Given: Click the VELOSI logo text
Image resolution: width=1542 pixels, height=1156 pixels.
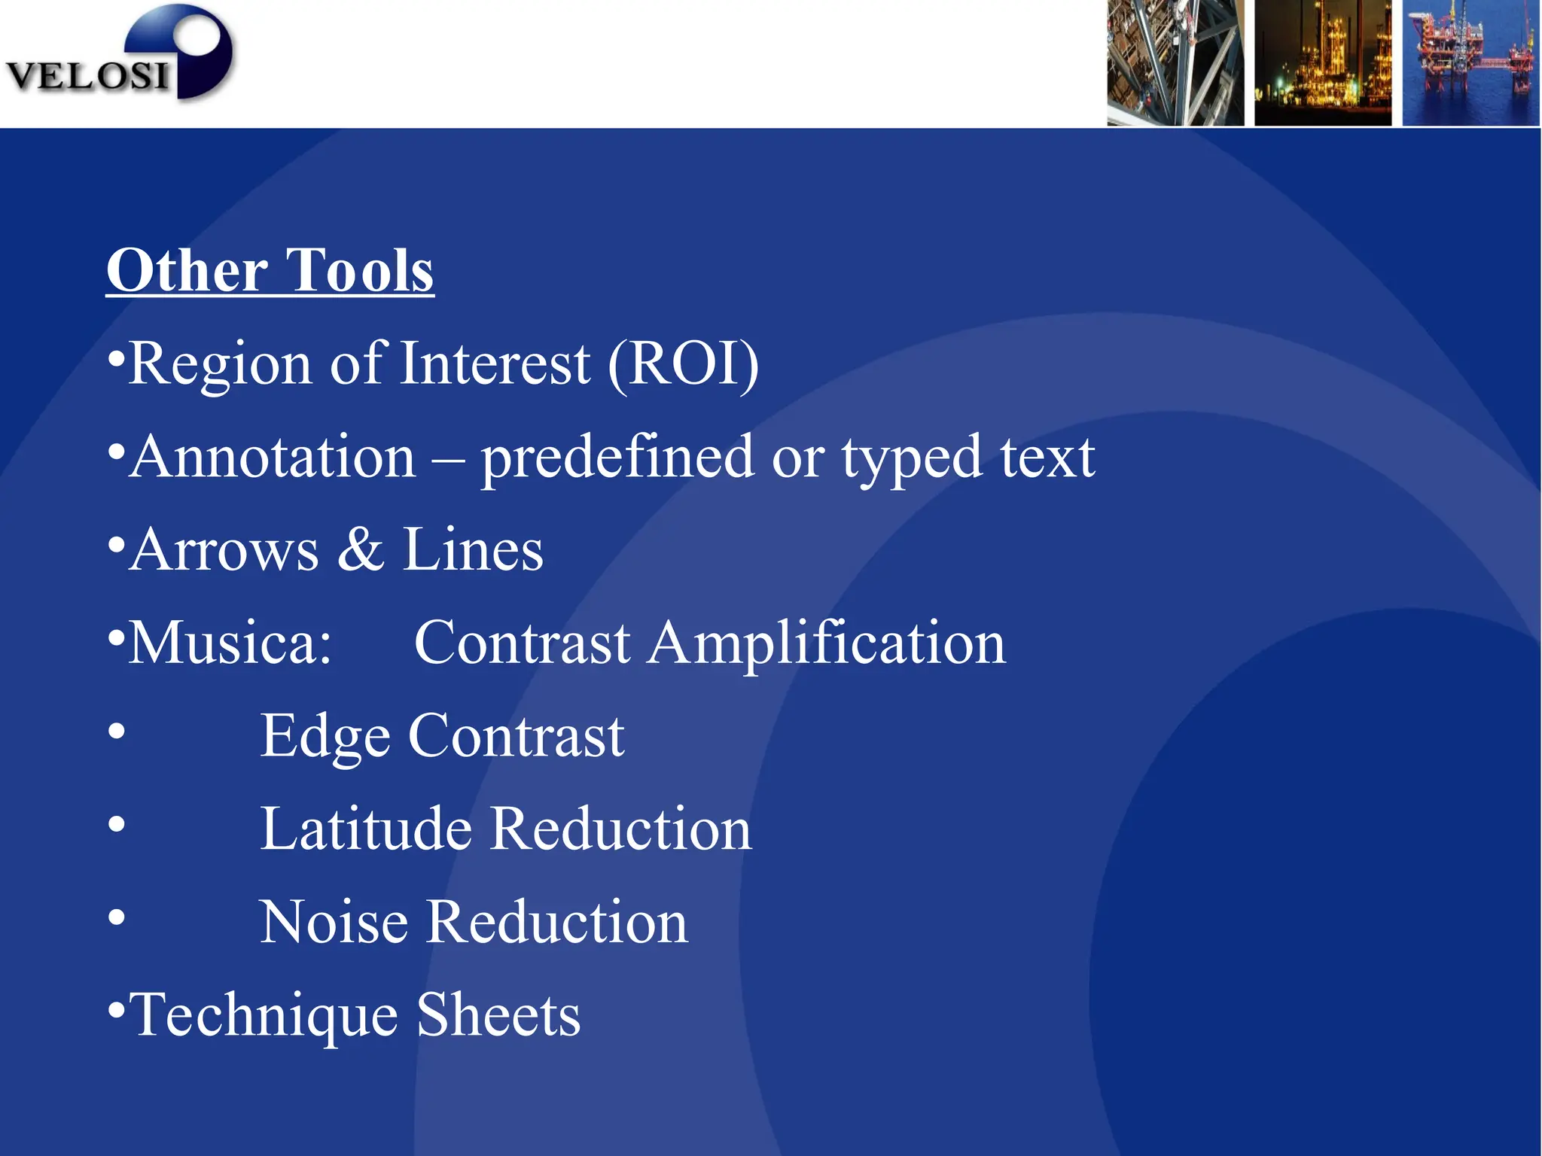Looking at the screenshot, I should (x=87, y=76).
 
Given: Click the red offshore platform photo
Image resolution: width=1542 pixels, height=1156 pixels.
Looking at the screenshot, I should (x=1470, y=62).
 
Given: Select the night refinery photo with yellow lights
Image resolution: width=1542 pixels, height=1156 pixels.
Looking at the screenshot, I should (x=1323, y=62).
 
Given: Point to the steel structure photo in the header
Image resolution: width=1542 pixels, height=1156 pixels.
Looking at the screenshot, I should (x=1175, y=62).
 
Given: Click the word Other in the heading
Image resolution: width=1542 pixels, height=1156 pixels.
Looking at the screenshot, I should (x=187, y=270).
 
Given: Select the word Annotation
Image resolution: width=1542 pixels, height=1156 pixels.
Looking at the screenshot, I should (x=273, y=457).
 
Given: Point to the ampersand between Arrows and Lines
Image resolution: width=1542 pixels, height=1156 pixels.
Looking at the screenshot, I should (x=361, y=550).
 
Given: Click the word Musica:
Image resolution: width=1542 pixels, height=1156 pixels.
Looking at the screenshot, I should (x=230, y=643).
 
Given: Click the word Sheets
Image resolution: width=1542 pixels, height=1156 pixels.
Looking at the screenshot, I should (x=498, y=1015).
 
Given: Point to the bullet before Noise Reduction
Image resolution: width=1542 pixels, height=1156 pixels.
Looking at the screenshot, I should (x=116, y=917).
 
